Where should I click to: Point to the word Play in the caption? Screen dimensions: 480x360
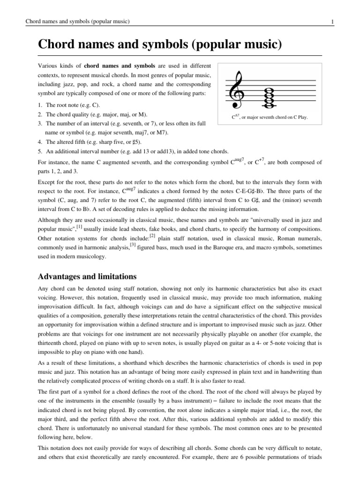pos(300,117)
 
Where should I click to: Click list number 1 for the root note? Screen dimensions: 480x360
pos(39,105)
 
